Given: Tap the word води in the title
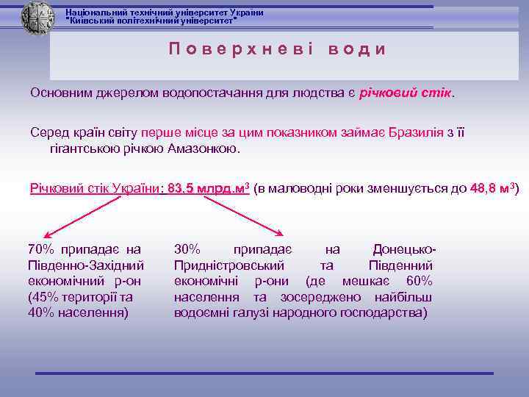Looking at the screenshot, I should [357, 49].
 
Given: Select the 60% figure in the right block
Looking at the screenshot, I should [419, 282].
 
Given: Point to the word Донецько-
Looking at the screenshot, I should [405, 249].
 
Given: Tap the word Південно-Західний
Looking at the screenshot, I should [85, 265].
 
